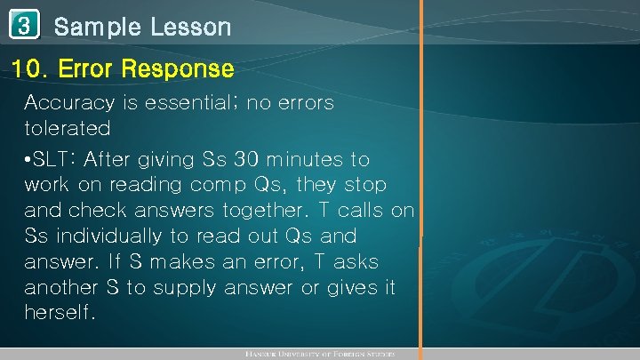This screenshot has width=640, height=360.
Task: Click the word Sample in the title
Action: pyautogui.click(x=97, y=28)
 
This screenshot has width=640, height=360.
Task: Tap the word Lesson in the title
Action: pyautogui.click(x=190, y=28)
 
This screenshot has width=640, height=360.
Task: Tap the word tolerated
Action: pyautogui.click(x=68, y=129)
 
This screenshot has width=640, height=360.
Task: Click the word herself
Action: pyautogui.click(x=59, y=315)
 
